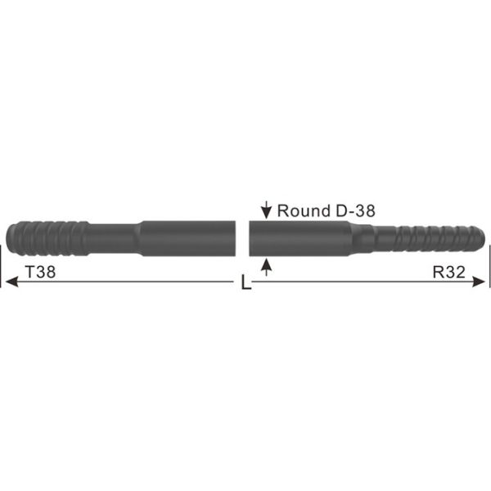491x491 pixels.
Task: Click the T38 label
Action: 41,273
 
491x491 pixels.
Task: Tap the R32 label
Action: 448,273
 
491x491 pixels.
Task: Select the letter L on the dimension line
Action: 245,284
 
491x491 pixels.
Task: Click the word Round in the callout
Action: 302,210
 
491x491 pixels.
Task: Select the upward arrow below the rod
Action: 265,266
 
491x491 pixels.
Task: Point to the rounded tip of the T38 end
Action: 9,237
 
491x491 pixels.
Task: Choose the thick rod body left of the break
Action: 188,237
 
